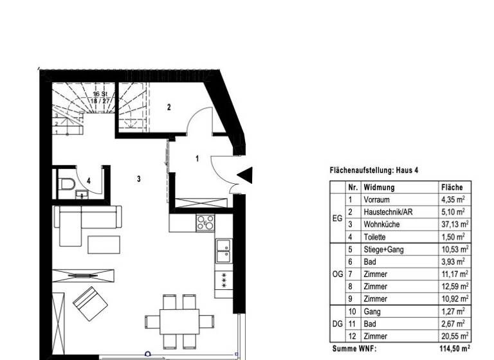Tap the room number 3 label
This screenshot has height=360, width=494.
[138, 179]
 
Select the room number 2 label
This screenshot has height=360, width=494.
[169, 107]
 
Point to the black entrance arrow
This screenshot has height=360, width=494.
[245, 174]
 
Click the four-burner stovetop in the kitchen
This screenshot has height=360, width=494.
[205, 222]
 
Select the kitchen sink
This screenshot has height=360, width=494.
[224, 250]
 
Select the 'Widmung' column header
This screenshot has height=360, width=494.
[379, 188]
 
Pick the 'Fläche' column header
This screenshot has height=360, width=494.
[452, 188]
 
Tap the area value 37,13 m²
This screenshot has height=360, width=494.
[455, 224]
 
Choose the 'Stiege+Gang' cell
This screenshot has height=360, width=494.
[383, 249]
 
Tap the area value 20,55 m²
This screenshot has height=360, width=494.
[455, 336]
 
